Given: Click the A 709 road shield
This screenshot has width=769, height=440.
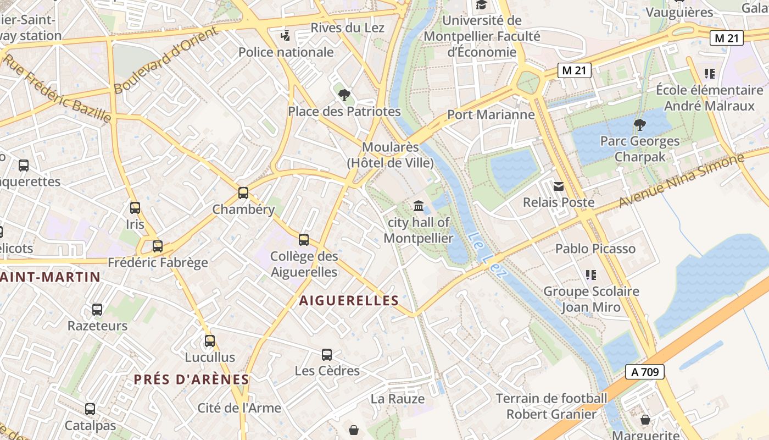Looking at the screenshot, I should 645,372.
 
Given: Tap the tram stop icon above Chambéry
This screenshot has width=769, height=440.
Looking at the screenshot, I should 243,193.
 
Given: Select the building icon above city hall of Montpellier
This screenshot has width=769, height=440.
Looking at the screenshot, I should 419,206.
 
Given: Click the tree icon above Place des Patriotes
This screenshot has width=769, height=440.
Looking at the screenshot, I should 344,95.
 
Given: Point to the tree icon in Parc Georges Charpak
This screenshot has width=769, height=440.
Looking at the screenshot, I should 639,125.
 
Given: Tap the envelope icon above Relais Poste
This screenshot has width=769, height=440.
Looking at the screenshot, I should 559,186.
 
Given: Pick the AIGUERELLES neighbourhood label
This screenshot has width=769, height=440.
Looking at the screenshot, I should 349,300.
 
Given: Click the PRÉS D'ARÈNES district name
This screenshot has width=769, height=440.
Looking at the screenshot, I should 192,380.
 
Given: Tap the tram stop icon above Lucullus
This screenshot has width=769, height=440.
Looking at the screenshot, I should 210,341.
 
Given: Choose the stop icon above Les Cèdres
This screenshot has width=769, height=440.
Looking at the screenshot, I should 327,355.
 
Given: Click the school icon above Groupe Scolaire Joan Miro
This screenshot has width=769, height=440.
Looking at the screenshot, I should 591,274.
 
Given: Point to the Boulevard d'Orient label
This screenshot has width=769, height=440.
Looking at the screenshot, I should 165,59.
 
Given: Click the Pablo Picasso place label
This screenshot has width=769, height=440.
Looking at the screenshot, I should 595,249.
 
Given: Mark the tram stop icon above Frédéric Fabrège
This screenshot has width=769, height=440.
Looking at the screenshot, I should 158,246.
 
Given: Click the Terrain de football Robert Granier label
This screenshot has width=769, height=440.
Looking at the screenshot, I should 551,406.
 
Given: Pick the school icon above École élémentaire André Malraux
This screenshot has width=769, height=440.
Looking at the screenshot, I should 709,73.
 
